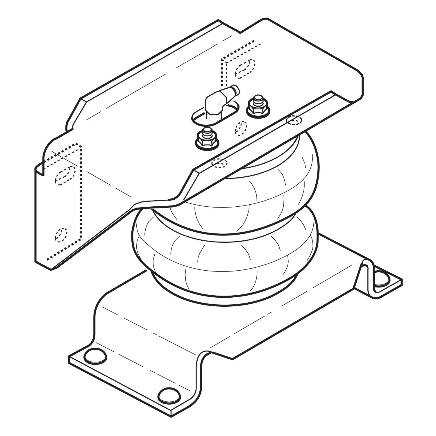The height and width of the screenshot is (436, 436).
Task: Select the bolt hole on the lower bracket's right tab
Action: [x=381, y=278]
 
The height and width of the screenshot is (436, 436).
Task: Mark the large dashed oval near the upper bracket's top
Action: [x=245, y=69]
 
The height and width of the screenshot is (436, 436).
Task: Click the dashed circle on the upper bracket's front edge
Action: [x=219, y=163]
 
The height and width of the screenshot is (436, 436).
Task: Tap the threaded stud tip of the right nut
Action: [x=257, y=99]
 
